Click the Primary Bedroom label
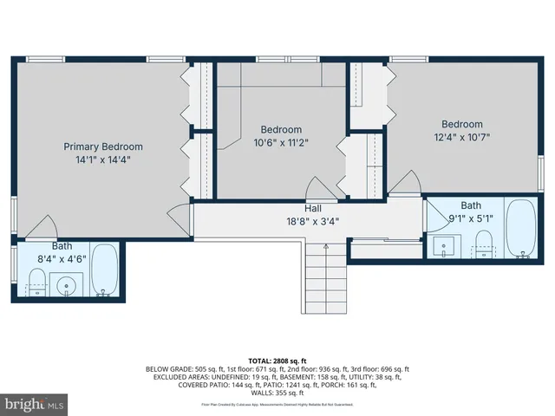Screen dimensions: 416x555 tap(103, 146)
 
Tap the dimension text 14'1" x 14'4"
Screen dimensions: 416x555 tap(103, 159)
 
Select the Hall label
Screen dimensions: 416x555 tap(313, 209)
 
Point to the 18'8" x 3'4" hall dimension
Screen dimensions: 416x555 tap(313, 221)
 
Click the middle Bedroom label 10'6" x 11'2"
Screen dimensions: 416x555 tap(281, 130)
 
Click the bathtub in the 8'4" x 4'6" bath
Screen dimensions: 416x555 tap(105, 270)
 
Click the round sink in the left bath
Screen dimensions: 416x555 tap(66, 283)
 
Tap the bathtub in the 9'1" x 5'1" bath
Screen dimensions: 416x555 tap(520, 230)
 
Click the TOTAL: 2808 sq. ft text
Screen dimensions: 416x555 tap(277, 361)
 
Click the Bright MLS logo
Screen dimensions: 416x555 tap(35, 404)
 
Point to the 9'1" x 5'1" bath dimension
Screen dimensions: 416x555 tap(471, 218)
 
